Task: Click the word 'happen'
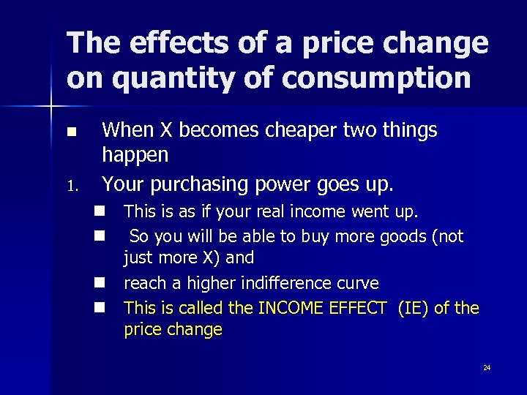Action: point(135,155)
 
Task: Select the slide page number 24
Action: point(487,367)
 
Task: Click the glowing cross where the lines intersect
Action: point(51,108)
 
